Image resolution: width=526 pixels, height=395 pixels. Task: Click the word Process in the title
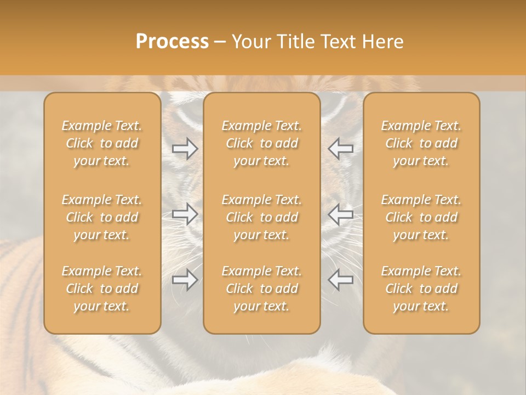(x=172, y=42)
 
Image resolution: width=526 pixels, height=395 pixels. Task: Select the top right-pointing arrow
(x=185, y=149)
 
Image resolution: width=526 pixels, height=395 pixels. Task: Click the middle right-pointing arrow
(x=185, y=214)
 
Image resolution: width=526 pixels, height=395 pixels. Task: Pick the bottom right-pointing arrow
(x=185, y=280)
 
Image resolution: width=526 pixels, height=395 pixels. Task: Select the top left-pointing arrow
(x=340, y=149)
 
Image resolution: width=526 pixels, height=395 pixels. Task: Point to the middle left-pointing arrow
(x=340, y=214)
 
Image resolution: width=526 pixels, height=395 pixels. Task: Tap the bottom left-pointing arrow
(x=340, y=280)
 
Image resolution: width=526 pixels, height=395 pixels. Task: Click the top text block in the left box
(x=102, y=143)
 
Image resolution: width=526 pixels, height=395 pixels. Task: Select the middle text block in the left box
(x=102, y=217)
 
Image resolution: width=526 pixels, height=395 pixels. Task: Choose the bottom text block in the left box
(x=102, y=289)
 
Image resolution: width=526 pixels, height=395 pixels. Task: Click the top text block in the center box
(x=262, y=143)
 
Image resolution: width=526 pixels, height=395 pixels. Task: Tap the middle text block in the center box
(x=262, y=217)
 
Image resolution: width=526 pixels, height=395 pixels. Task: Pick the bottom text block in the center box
(x=262, y=289)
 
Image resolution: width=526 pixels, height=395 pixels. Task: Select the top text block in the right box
(x=421, y=143)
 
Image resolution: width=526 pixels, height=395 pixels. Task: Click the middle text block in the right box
(x=421, y=217)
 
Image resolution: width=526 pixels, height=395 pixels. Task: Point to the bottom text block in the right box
(x=421, y=289)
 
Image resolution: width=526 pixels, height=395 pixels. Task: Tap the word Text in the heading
(x=338, y=42)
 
